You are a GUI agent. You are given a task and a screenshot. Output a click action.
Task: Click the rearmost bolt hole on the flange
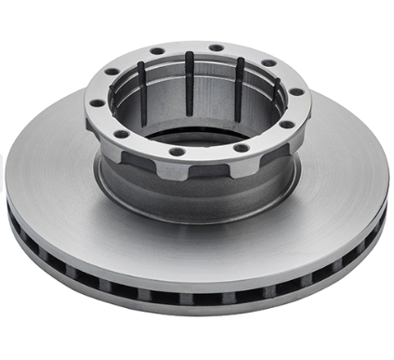point(216,47)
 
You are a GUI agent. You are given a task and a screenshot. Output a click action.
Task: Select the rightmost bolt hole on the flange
point(296,92)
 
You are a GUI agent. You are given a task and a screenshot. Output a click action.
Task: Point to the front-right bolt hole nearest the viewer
point(241,147)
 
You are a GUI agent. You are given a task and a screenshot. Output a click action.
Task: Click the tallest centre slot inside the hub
point(190,84)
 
